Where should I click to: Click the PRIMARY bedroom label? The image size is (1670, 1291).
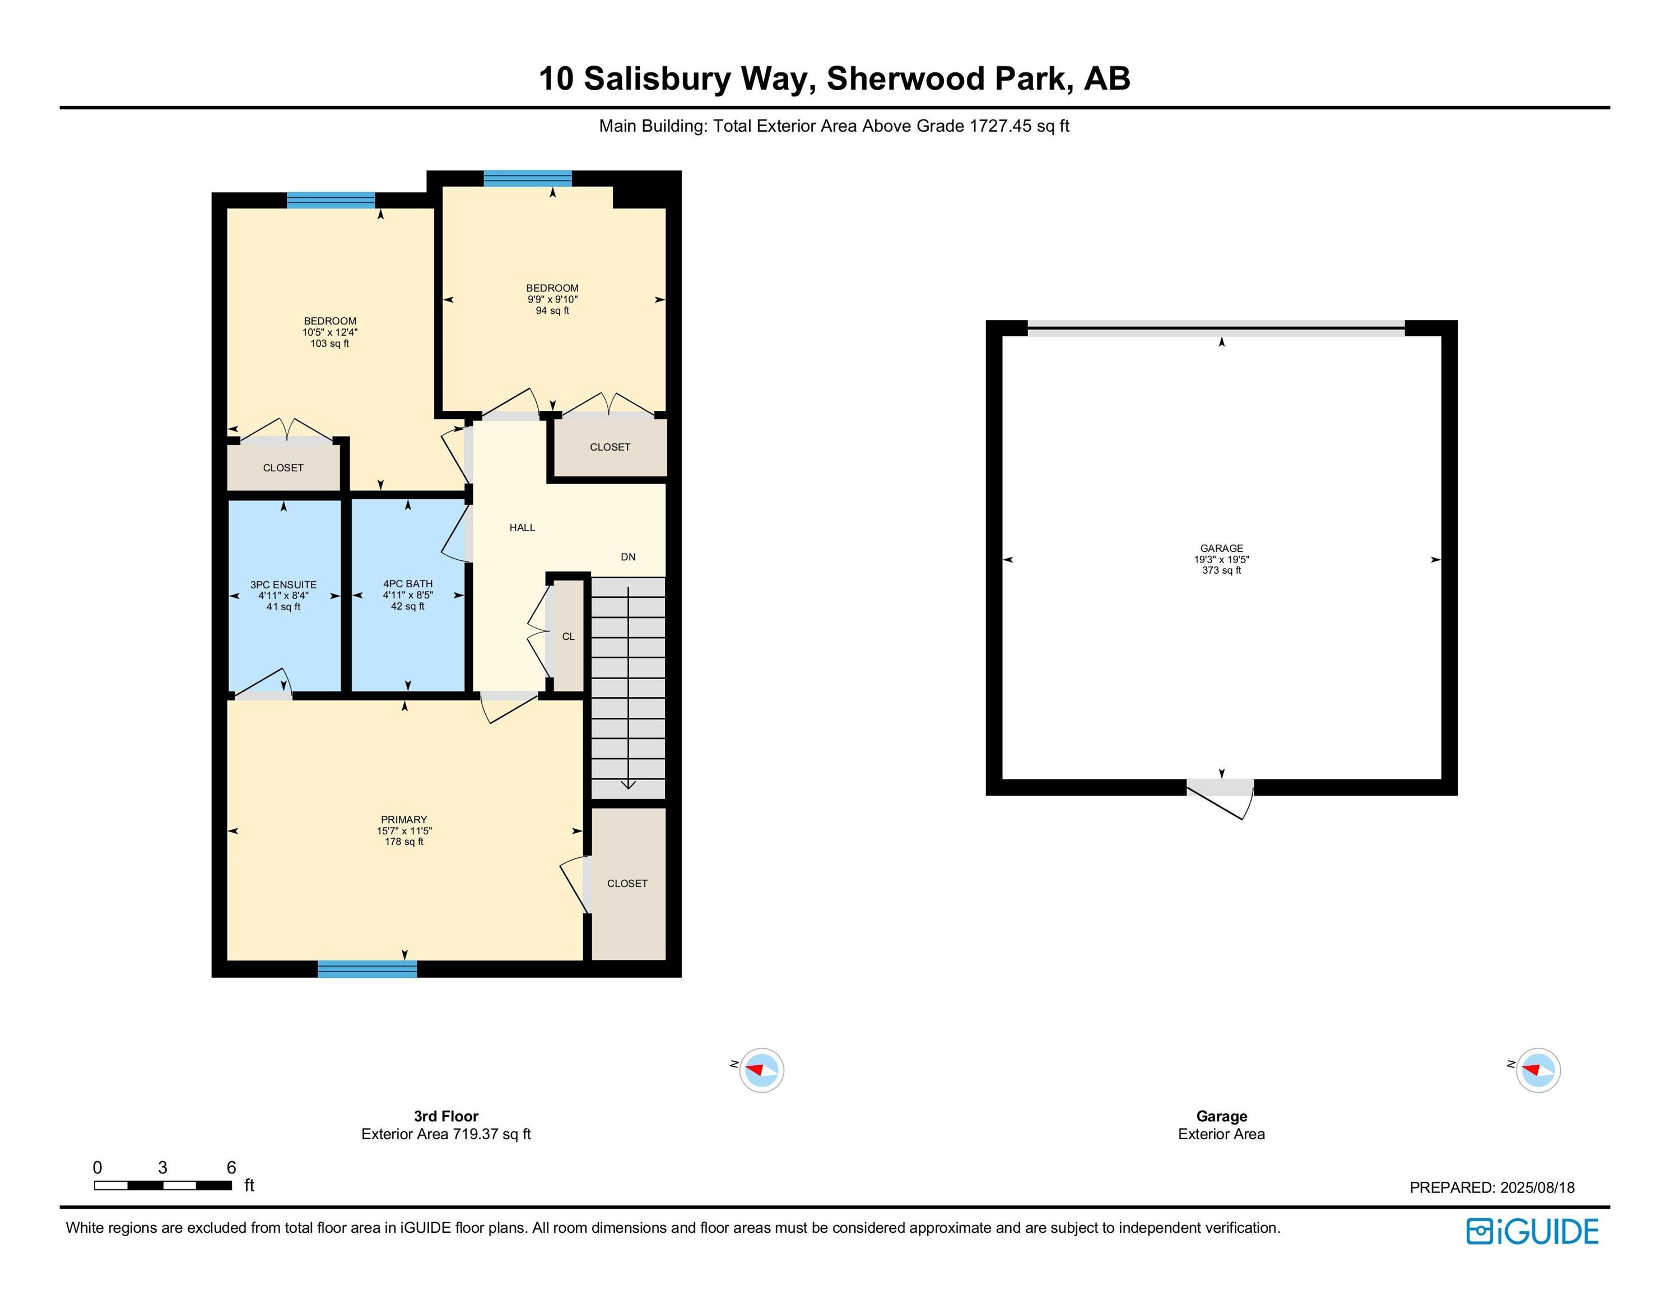point(404,819)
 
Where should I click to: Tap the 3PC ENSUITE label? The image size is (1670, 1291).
point(283,584)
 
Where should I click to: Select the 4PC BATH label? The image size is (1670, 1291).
point(408,583)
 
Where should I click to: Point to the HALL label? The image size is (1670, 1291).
point(522,528)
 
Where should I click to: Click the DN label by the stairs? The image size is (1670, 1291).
point(628,557)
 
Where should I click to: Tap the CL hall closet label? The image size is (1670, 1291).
point(568,637)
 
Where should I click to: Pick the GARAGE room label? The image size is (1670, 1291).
point(1221,549)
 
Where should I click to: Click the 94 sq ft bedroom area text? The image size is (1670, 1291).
point(552,310)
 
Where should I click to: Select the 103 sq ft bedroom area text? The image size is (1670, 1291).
point(329,343)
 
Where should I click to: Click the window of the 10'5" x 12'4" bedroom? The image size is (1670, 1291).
point(331,201)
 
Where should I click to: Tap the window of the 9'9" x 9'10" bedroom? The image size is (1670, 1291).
point(528,178)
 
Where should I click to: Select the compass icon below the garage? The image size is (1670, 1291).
point(1538,1070)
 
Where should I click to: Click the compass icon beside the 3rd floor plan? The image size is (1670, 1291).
point(761,1070)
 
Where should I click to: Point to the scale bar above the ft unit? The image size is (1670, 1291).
point(163,1186)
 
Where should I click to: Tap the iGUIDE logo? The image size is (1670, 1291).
point(1532,1232)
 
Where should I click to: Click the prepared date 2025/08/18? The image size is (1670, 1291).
point(1537,1188)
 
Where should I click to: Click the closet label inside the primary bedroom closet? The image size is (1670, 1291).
point(627,883)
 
